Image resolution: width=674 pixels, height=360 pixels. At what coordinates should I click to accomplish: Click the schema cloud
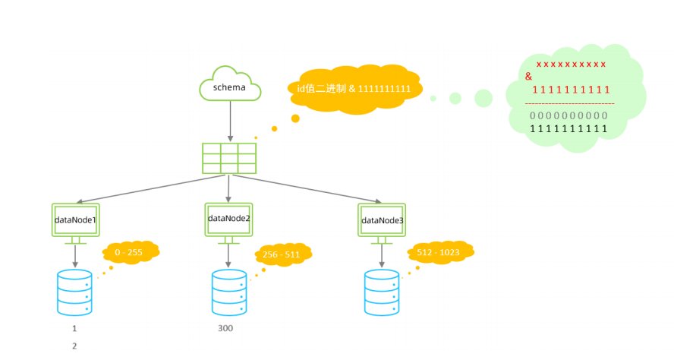pyautogui.click(x=229, y=86)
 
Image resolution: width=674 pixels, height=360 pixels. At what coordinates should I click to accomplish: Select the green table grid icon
pyautogui.click(x=228, y=158)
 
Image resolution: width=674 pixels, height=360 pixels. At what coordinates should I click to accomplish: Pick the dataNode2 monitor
pyautogui.click(x=228, y=218)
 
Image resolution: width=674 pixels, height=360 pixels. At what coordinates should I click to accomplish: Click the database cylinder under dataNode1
pyautogui.click(x=74, y=292)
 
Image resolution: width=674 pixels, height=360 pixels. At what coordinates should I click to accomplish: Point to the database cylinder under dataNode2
pyautogui.click(x=228, y=292)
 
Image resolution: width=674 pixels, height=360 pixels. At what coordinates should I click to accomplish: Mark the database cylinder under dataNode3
pyautogui.click(x=382, y=292)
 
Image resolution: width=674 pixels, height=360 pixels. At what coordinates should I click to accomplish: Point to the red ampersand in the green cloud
pyautogui.click(x=528, y=77)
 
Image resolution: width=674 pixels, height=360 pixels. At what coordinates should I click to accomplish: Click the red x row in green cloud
pyautogui.click(x=571, y=65)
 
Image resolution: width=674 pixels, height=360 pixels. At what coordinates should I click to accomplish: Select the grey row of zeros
pyautogui.click(x=568, y=115)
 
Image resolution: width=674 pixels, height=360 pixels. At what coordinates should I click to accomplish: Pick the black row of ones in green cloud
pyautogui.click(x=568, y=129)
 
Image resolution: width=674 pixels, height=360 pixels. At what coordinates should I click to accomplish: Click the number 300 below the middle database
pyautogui.click(x=225, y=329)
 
